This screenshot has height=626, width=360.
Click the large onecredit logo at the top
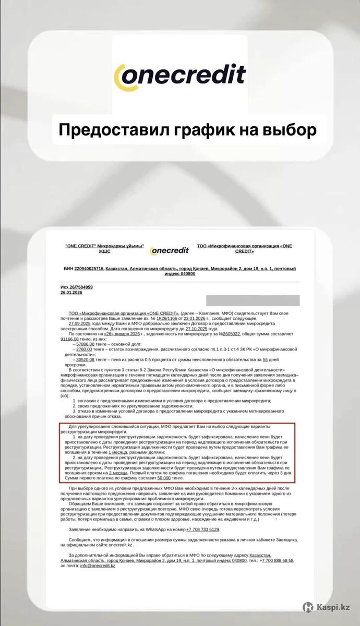click(x=179, y=75)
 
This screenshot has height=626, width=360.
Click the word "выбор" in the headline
click(x=286, y=129)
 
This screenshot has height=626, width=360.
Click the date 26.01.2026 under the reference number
click(x=71, y=293)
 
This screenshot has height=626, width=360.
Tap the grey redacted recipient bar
click(x=253, y=300)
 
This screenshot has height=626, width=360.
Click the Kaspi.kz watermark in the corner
click(x=330, y=607)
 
